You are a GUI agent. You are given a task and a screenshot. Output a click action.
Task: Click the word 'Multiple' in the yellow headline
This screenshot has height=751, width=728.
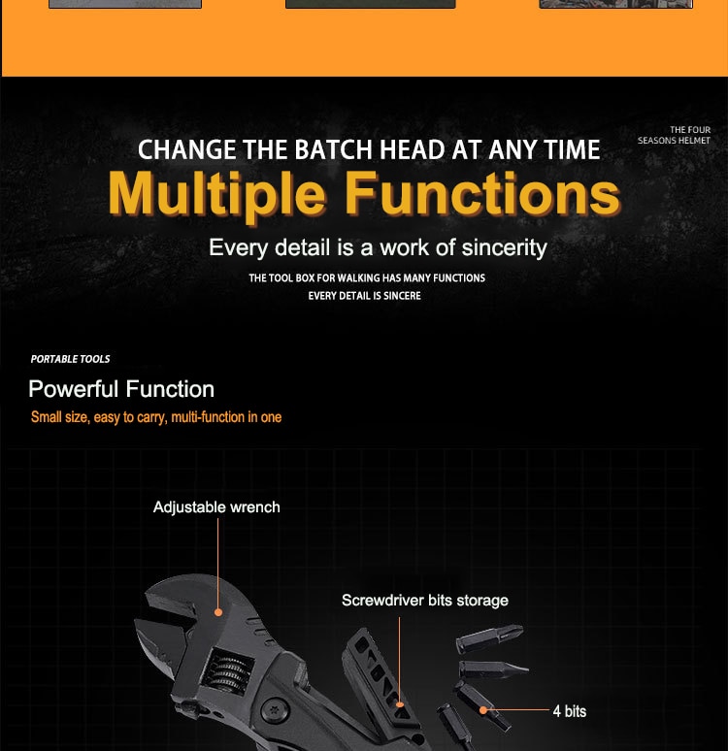(x=217, y=194)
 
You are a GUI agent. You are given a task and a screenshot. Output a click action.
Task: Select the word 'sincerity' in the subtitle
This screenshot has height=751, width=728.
(x=504, y=248)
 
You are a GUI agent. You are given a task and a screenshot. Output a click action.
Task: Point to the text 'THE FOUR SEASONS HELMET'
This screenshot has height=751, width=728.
(x=674, y=135)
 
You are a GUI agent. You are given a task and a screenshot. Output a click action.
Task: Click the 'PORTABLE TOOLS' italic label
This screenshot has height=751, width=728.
(x=70, y=359)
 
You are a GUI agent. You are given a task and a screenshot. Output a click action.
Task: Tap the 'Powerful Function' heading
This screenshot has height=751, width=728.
(x=121, y=389)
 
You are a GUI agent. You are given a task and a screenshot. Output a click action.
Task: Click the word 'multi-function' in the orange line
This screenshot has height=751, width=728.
(x=208, y=417)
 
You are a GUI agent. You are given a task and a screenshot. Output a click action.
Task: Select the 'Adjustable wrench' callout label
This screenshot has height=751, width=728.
(x=216, y=507)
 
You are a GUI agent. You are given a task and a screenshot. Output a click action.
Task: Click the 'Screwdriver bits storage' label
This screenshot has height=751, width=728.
(x=425, y=601)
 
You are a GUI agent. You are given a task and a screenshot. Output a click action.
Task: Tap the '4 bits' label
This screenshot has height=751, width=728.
(x=570, y=711)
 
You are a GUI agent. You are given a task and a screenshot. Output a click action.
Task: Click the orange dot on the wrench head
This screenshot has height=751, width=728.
(x=218, y=612)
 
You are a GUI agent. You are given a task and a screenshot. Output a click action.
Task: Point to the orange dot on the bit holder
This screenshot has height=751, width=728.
(x=400, y=704)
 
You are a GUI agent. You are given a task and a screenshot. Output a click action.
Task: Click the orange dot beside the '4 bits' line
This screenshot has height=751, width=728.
(x=483, y=710)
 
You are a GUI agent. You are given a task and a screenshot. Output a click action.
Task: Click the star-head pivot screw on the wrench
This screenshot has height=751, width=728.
(x=274, y=710)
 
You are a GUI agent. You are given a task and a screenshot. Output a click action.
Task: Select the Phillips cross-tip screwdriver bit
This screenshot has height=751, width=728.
(x=489, y=638)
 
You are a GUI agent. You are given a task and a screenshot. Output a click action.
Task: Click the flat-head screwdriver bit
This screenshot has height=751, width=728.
(x=494, y=669)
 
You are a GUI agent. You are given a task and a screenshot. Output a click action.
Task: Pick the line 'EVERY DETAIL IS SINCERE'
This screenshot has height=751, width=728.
(x=365, y=296)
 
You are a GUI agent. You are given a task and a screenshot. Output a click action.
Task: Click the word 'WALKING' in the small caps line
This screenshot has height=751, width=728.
(x=358, y=278)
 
